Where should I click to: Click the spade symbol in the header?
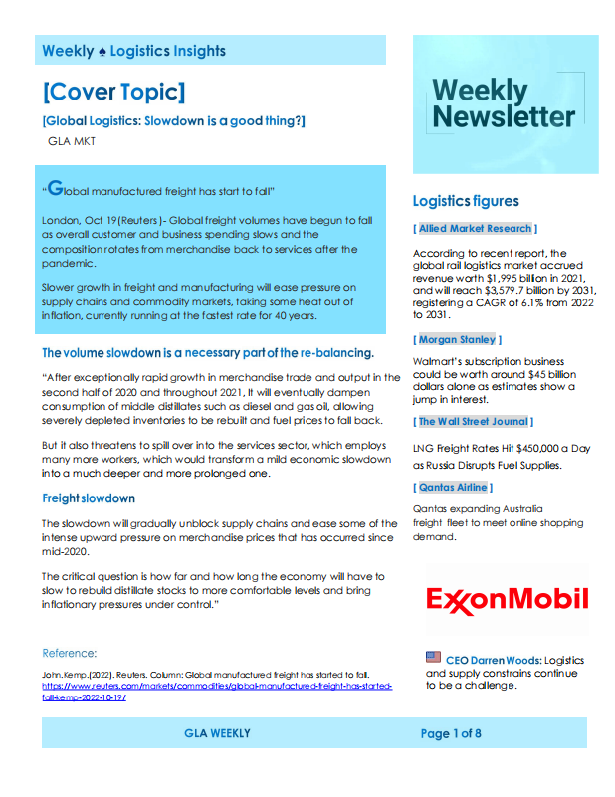(102, 51)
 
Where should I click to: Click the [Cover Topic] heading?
(113, 93)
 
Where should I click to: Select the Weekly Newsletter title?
(504, 103)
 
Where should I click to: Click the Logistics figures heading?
(466, 201)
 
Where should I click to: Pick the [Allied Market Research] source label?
(476, 229)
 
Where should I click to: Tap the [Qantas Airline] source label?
(453, 487)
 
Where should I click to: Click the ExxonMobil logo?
(507, 599)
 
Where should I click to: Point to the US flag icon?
(433, 657)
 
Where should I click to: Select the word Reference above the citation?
(70, 654)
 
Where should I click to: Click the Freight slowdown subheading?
(89, 498)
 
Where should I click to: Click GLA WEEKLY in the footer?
(217, 734)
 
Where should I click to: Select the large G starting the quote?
(56, 186)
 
